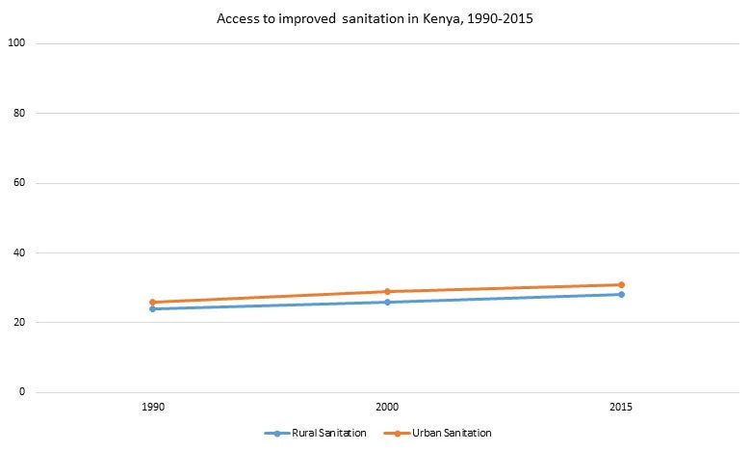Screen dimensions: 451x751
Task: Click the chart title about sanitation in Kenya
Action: point(375,17)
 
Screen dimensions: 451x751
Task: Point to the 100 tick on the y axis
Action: point(16,43)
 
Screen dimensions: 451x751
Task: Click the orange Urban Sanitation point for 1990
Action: point(152,302)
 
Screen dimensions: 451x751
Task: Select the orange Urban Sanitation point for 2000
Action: point(387,291)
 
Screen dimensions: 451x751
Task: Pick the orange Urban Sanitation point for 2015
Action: point(621,284)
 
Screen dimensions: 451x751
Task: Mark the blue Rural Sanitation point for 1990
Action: point(152,308)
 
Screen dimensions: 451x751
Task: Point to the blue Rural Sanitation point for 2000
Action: point(387,302)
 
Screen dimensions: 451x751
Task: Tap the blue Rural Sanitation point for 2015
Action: point(621,294)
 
